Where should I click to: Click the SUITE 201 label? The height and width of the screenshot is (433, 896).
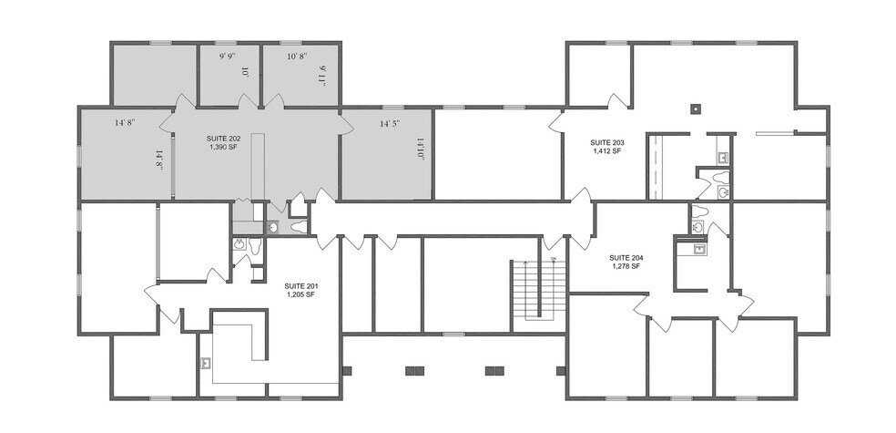[x=300, y=285]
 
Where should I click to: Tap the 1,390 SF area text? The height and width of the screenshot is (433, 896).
[x=224, y=147]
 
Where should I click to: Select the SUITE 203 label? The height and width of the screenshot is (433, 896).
[x=606, y=143]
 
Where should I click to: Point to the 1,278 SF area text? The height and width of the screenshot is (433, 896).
[x=626, y=266]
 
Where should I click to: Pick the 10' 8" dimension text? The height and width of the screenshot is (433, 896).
[x=297, y=57]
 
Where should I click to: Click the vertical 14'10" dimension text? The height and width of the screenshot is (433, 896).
[x=421, y=149]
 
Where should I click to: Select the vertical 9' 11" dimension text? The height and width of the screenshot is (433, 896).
[x=321, y=74]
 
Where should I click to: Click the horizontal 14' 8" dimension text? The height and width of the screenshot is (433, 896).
[x=125, y=122]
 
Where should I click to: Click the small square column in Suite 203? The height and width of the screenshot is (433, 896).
[x=695, y=107]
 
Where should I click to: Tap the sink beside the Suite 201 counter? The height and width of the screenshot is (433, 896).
[x=207, y=362]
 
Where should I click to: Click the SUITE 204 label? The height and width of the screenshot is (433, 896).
[x=626, y=257]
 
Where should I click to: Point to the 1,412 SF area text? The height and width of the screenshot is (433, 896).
[x=606, y=151]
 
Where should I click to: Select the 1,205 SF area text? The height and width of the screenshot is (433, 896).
[x=300, y=294]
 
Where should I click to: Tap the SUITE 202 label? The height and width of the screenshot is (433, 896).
[x=224, y=138]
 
